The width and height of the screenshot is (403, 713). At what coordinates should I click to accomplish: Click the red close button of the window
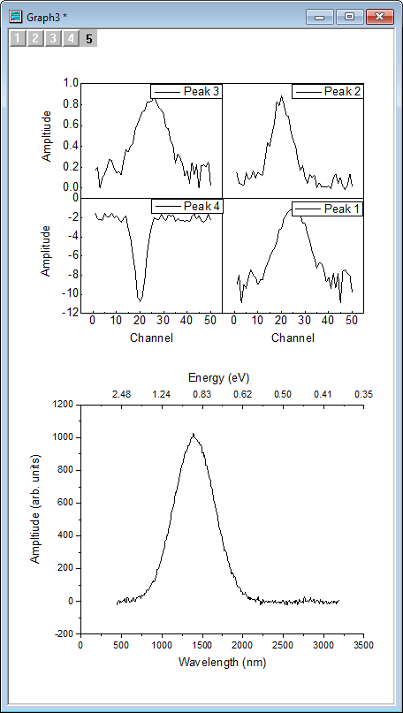tap(379, 17)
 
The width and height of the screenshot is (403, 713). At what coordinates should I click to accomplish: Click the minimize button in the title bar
tap(319, 17)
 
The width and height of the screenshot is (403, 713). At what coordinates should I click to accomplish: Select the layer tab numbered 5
tap(89, 38)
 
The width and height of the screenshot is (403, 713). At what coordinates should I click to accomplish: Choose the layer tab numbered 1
tap(17, 38)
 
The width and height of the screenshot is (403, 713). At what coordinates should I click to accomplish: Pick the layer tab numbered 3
tap(53, 38)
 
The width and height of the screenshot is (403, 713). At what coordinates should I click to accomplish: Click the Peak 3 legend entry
tap(185, 91)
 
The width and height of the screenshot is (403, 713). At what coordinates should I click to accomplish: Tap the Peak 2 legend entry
tap(326, 91)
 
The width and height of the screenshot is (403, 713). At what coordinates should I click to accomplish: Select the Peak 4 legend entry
tap(185, 206)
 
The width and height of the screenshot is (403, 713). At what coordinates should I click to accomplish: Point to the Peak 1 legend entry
tap(326, 209)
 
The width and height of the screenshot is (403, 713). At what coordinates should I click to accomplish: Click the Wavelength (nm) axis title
tap(221, 661)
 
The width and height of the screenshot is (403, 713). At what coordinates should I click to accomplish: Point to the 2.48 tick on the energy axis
tap(121, 394)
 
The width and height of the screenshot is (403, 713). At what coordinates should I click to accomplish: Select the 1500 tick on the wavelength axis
tap(201, 645)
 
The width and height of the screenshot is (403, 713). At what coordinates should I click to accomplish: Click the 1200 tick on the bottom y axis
tap(61, 405)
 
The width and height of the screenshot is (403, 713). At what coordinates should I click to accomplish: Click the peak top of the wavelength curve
tap(193, 435)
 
